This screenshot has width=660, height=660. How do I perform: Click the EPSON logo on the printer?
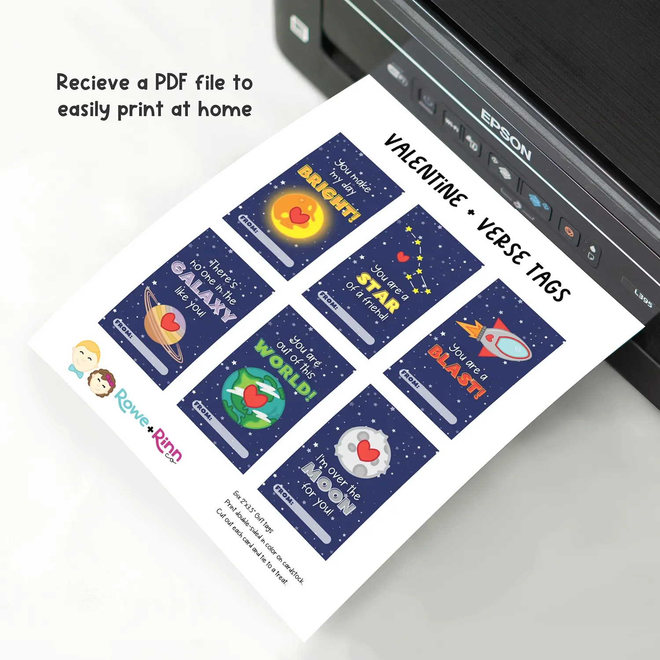pos(506,134)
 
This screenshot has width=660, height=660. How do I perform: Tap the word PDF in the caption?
pos(171,82)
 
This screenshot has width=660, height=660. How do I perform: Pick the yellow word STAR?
pos(378,292)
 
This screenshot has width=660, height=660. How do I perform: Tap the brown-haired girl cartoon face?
pos(102,382)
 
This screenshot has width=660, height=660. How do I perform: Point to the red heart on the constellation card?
pos(403,257)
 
